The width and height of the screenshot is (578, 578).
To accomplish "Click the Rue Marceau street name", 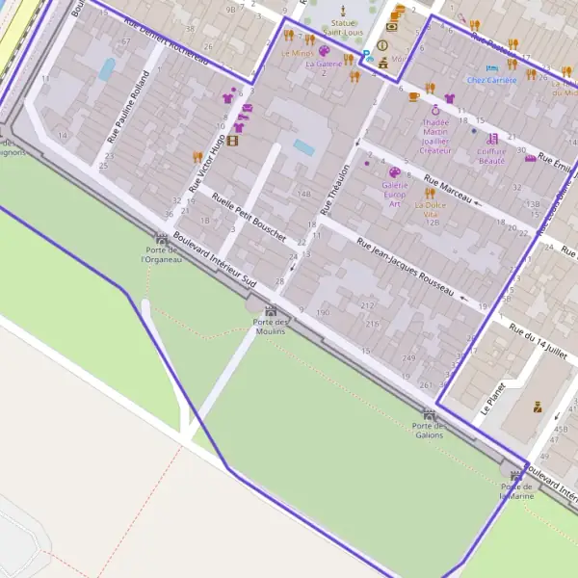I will [x=448, y=190].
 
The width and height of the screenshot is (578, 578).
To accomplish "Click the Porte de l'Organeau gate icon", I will [x=161, y=238].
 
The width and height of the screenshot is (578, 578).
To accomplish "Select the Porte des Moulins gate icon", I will [x=271, y=310].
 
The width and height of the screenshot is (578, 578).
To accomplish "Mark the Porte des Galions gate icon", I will [x=429, y=413].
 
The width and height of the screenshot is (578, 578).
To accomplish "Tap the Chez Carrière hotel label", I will [x=492, y=80].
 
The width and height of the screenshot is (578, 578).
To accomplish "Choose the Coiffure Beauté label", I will [x=491, y=155].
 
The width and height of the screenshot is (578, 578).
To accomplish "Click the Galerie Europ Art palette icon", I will [x=394, y=172].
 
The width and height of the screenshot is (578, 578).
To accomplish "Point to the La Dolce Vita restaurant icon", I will [x=431, y=193].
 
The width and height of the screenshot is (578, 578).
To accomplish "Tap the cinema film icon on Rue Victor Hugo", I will [x=232, y=141].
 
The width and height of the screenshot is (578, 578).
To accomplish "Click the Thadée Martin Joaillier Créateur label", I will [x=435, y=136].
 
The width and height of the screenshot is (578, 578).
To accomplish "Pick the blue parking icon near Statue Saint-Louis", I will [x=367, y=57].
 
